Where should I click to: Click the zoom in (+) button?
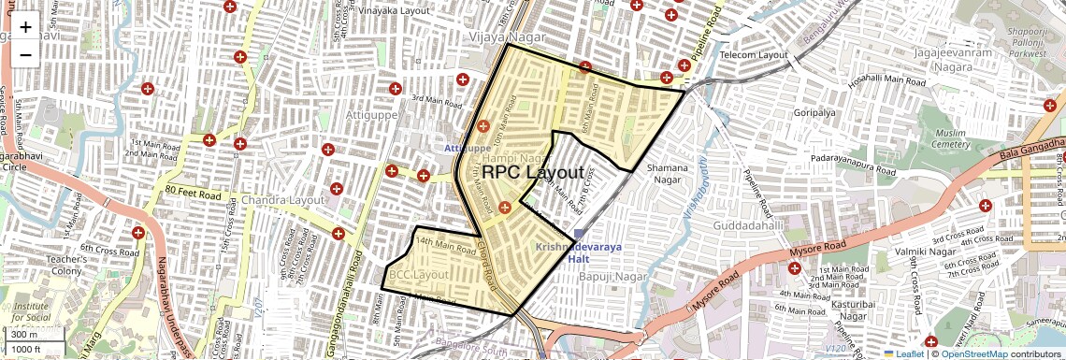pos(25,27)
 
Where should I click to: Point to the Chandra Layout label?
pos(282,200)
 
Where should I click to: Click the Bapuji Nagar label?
pos(613,277)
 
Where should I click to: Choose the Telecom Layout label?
pos(755,55)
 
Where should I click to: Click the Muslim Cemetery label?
pos(951,138)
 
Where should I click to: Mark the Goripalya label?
pos(814,112)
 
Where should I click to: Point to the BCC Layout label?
pos(418,275)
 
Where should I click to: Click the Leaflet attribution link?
pos(903,353)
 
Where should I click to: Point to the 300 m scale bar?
pos(25,335)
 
